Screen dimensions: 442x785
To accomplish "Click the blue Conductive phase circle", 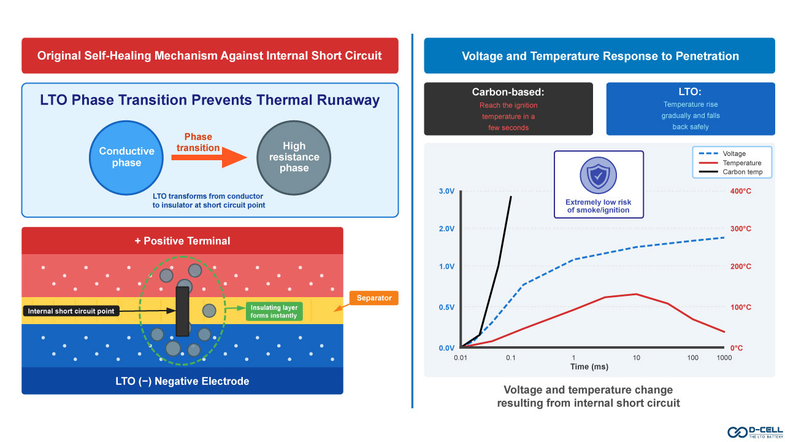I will pyautogui.click(x=126, y=157).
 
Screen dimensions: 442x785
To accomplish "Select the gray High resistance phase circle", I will pyautogui.click(x=294, y=157).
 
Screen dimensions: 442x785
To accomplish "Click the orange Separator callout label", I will pyautogui.click(x=374, y=298).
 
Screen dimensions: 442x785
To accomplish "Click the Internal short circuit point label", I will pyautogui.click(x=71, y=311).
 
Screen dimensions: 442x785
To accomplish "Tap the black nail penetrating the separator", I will pyautogui.click(x=182, y=311).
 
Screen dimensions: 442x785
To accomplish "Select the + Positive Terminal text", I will pyautogui.click(x=182, y=241).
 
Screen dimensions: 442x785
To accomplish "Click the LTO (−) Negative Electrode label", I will pyautogui.click(x=182, y=381).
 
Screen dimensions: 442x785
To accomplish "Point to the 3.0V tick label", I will pyautogui.click(x=446, y=191).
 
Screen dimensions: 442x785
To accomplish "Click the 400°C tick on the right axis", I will pyautogui.click(x=740, y=191).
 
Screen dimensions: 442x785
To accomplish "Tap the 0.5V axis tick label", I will pyautogui.click(x=446, y=307).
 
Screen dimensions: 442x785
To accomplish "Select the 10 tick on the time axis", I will pyautogui.click(x=636, y=357).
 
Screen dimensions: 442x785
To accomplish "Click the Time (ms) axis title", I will pyautogui.click(x=588, y=366).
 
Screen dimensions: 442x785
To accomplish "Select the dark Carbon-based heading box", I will pyautogui.click(x=508, y=109).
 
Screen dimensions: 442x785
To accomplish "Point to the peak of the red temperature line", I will pyautogui.click(x=636, y=294).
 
